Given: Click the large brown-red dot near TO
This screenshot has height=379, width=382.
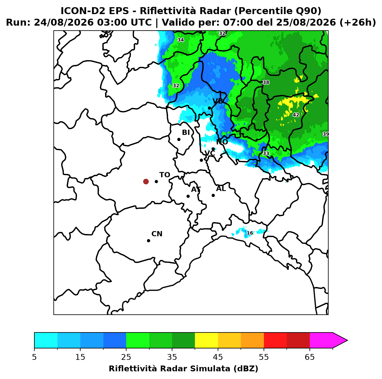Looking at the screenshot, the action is [x=146, y=181].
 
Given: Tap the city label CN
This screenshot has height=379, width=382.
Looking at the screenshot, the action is [x=157, y=234].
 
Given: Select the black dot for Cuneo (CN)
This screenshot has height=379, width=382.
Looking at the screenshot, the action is [x=148, y=241].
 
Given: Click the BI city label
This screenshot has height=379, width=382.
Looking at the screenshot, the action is [x=186, y=132].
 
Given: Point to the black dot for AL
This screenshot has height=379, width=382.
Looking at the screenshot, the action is [x=213, y=195].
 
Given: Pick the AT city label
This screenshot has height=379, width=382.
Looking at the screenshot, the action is [x=196, y=189].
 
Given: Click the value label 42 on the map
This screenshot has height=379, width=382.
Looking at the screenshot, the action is [x=296, y=115].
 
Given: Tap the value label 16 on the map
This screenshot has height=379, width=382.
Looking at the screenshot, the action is [x=250, y=233].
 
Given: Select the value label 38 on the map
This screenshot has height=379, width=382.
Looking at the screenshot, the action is [x=266, y=82].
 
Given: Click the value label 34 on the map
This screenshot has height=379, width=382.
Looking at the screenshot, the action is [x=180, y=40].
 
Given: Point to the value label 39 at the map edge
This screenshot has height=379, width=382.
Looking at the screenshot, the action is [x=325, y=134].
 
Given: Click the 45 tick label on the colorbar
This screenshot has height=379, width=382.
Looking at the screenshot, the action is [x=218, y=357].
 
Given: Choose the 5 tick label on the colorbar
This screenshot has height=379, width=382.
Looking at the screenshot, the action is [x=34, y=357].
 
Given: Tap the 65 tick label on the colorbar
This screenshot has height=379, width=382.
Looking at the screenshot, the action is [x=310, y=357].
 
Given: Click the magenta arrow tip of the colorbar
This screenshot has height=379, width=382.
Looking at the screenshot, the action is [x=347, y=340].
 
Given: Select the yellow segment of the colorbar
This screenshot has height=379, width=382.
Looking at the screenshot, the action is [x=206, y=340].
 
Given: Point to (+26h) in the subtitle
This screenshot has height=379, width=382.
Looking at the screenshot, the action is [x=357, y=22].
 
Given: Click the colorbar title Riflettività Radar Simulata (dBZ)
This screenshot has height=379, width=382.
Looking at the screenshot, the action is [x=183, y=369].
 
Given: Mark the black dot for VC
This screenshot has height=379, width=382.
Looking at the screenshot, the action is [x=202, y=160].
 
